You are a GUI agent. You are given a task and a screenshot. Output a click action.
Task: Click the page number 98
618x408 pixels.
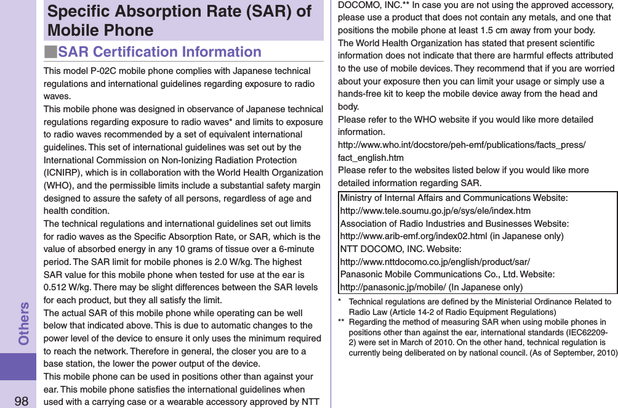click(x=21, y=401)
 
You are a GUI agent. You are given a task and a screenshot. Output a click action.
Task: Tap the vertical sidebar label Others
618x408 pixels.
click(x=24, y=323)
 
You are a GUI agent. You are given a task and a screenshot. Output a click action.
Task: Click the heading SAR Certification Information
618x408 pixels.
click(x=159, y=52)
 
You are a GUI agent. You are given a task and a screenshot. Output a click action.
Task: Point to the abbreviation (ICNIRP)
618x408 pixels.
click(x=63, y=173)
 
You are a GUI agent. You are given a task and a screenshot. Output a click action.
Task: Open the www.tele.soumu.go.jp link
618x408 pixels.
click(x=435, y=211)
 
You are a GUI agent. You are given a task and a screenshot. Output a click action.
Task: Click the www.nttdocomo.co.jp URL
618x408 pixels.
click(x=435, y=262)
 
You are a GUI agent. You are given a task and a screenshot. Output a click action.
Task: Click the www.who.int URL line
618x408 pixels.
click(x=462, y=145)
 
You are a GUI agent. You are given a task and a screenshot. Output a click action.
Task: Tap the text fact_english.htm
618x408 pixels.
click(x=371, y=158)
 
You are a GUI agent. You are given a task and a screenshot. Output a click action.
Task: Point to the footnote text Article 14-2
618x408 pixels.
click(x=418, y=312)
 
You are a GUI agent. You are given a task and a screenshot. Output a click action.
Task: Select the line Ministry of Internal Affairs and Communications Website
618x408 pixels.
click(x=454, y=198)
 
